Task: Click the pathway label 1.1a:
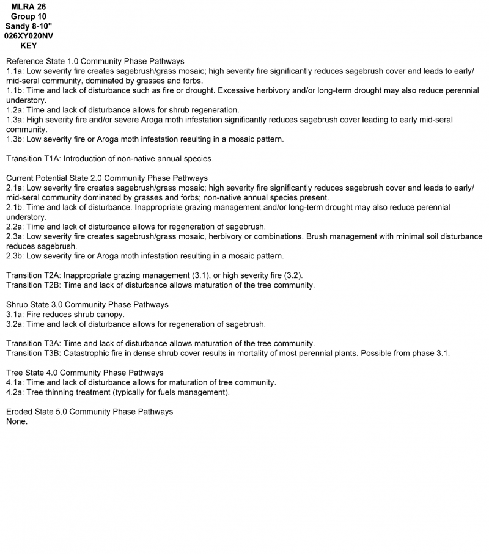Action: tap(15, 71)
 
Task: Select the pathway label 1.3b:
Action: tap(15, 139)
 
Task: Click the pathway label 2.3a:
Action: tap(15, 236)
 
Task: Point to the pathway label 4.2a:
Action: tap(15, 392)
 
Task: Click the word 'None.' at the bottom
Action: tap(17, 421)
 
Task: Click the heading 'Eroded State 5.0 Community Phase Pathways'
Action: tap(89, 412)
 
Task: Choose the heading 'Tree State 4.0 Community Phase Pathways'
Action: tap(85, 373)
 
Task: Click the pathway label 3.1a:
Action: tap(15, 315)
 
